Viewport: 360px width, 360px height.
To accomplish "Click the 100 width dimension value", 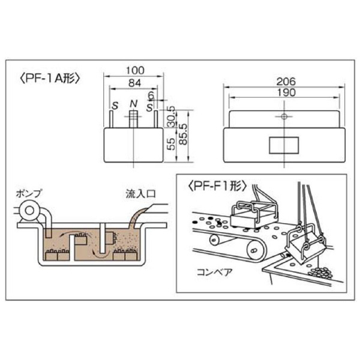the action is pyautogui.click(x=135, y=70).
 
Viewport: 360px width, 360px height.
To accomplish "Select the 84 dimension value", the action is pyautogui.click(x=135, y=83).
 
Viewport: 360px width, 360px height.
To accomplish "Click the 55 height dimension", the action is pyautogui.click(x=171, y=143).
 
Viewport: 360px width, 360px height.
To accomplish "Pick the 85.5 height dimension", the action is pyautogui.click(x=183, y=134).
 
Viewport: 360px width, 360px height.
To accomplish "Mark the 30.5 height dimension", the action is pyautogui.click(x=170, y=116).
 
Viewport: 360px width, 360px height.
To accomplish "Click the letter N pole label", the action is pyautogui.click(x=133, y=104).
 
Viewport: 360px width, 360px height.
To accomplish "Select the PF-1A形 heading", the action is pyautogui.click(x=50, y=79).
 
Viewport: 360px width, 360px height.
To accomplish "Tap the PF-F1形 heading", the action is pyautogui.click(x=217, y=186).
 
